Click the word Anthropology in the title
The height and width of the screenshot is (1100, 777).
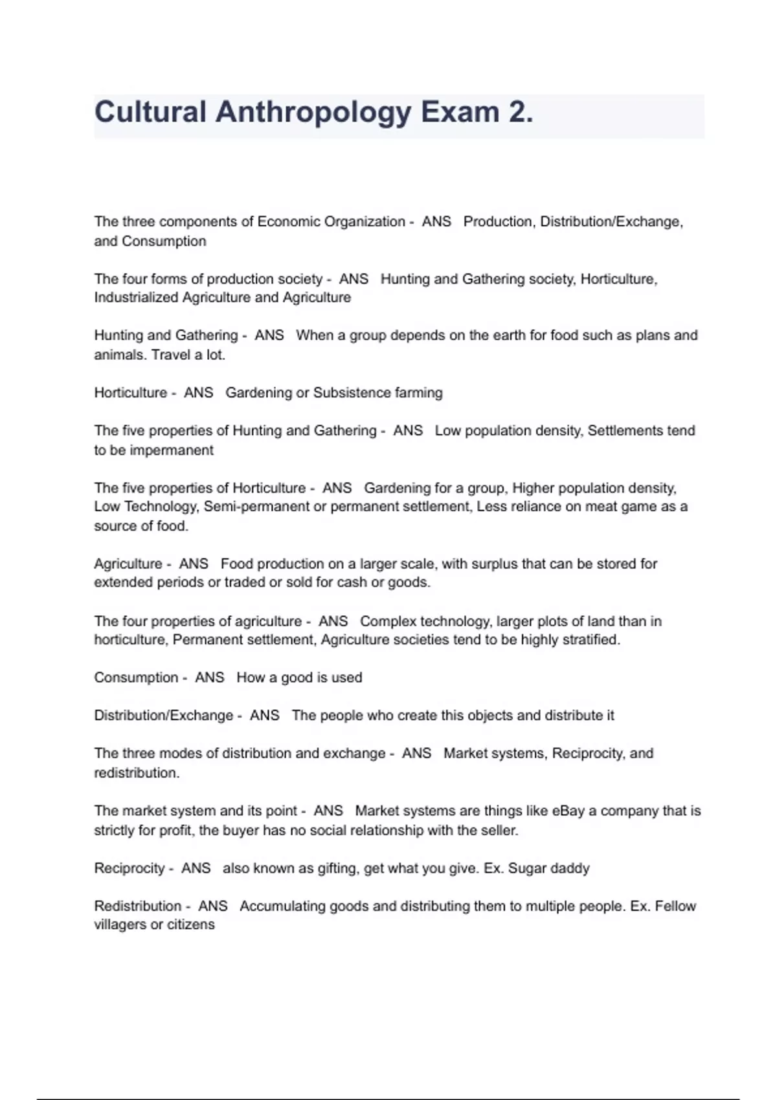click(x=313, y=113)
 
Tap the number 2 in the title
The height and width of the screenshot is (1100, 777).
click(x=517, y=113)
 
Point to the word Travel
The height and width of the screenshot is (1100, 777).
click(x=170, y=355)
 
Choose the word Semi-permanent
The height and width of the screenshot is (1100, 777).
click(x=256, y=507)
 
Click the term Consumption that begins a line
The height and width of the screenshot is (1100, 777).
click(x=136, y=677)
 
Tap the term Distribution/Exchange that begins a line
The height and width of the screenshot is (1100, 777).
click(x=163, y=716)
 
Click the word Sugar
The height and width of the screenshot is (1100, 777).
click(x=527, y=868)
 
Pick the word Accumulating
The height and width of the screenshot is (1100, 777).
click(x=282, y=906)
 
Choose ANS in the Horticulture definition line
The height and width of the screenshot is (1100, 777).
click(x=198, y=393)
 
